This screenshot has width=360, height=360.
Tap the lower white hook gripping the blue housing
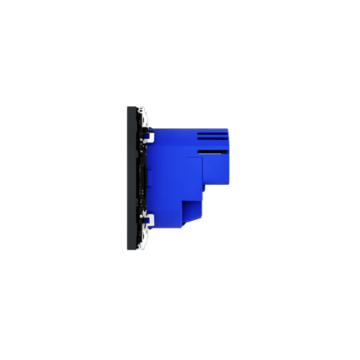149,218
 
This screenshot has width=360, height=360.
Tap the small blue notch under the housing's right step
205,190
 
